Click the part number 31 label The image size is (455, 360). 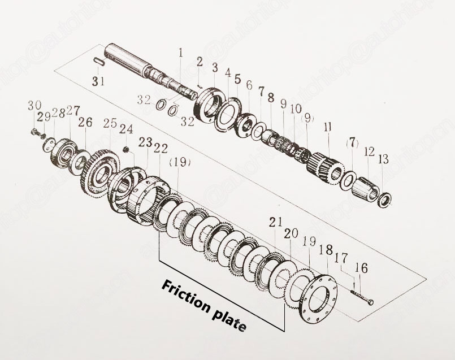tap(98, 81)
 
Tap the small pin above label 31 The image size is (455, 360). tap(97, 60)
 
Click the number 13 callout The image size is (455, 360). tap(383, 160)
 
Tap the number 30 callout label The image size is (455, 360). tap(35, 105)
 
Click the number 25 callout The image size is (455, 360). tap(110, 123)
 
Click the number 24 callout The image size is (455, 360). tap(126, 129)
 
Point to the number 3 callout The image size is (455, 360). tap(214, 68)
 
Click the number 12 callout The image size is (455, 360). tap(369, 152)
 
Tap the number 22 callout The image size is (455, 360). tap(161, 148)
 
